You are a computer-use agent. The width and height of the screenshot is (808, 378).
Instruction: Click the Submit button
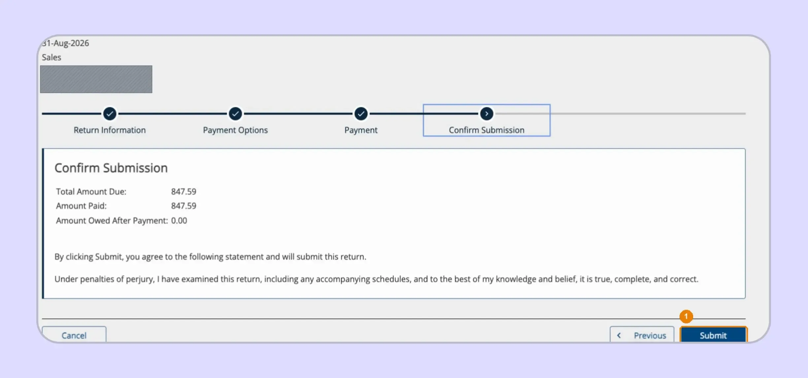click(x=713, y=334)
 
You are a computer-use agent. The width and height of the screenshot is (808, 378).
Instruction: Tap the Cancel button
click(x=74, y=334)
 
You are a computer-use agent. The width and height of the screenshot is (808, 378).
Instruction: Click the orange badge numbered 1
click(x=686, y=316)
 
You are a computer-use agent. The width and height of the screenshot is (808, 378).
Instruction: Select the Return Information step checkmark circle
click(x=110, y=114)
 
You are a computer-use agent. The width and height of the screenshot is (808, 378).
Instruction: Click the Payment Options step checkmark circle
click(x=235, y=114)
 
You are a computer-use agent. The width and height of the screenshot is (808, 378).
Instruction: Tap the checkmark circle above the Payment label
click(x=361, y=114)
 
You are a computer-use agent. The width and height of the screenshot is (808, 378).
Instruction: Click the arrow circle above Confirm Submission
click(x=487, y=114)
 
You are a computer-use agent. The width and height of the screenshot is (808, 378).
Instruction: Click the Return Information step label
click(x=110, y=130)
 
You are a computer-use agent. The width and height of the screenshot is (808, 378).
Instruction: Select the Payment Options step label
click(x=235, y=130)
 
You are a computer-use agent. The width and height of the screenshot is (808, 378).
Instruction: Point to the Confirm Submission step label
click(x=487, y=130)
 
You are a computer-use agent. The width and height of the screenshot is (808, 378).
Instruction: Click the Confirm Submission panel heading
click(x=111, y=168)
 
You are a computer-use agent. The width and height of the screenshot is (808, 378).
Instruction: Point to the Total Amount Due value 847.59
click(x=184, y=192)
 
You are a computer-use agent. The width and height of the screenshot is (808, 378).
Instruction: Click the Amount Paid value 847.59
click(x=184, y=206)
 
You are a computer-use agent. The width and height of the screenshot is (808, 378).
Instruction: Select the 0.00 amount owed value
click(x=179, y=221)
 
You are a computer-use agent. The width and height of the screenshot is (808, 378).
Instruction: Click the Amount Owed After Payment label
click(x=112, y=221)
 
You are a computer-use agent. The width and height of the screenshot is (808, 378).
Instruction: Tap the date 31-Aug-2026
click(x=65, y=43)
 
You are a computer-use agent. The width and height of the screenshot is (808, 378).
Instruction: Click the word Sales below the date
click(x=51, y=57)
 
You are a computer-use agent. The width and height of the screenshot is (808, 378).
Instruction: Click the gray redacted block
click(x=96, y=79)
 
